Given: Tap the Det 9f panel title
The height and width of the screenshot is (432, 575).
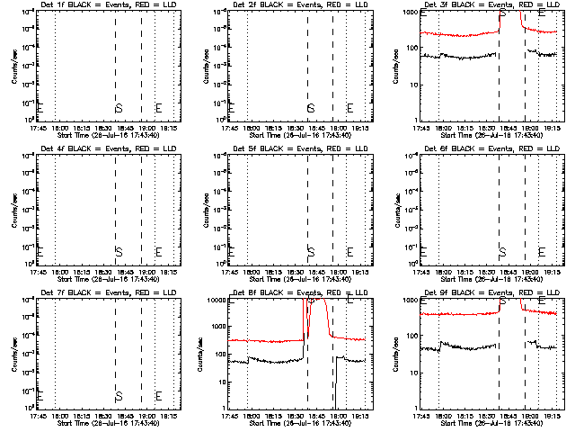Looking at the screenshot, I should pos(489,293).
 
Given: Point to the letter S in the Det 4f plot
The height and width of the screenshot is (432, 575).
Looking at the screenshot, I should pos(119,251).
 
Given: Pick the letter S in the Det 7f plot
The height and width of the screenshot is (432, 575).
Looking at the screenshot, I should pos(119,395).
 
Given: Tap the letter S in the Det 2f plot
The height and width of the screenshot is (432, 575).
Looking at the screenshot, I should pos(310,109).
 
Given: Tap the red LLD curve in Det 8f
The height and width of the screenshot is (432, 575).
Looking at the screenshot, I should pos(270,341).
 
